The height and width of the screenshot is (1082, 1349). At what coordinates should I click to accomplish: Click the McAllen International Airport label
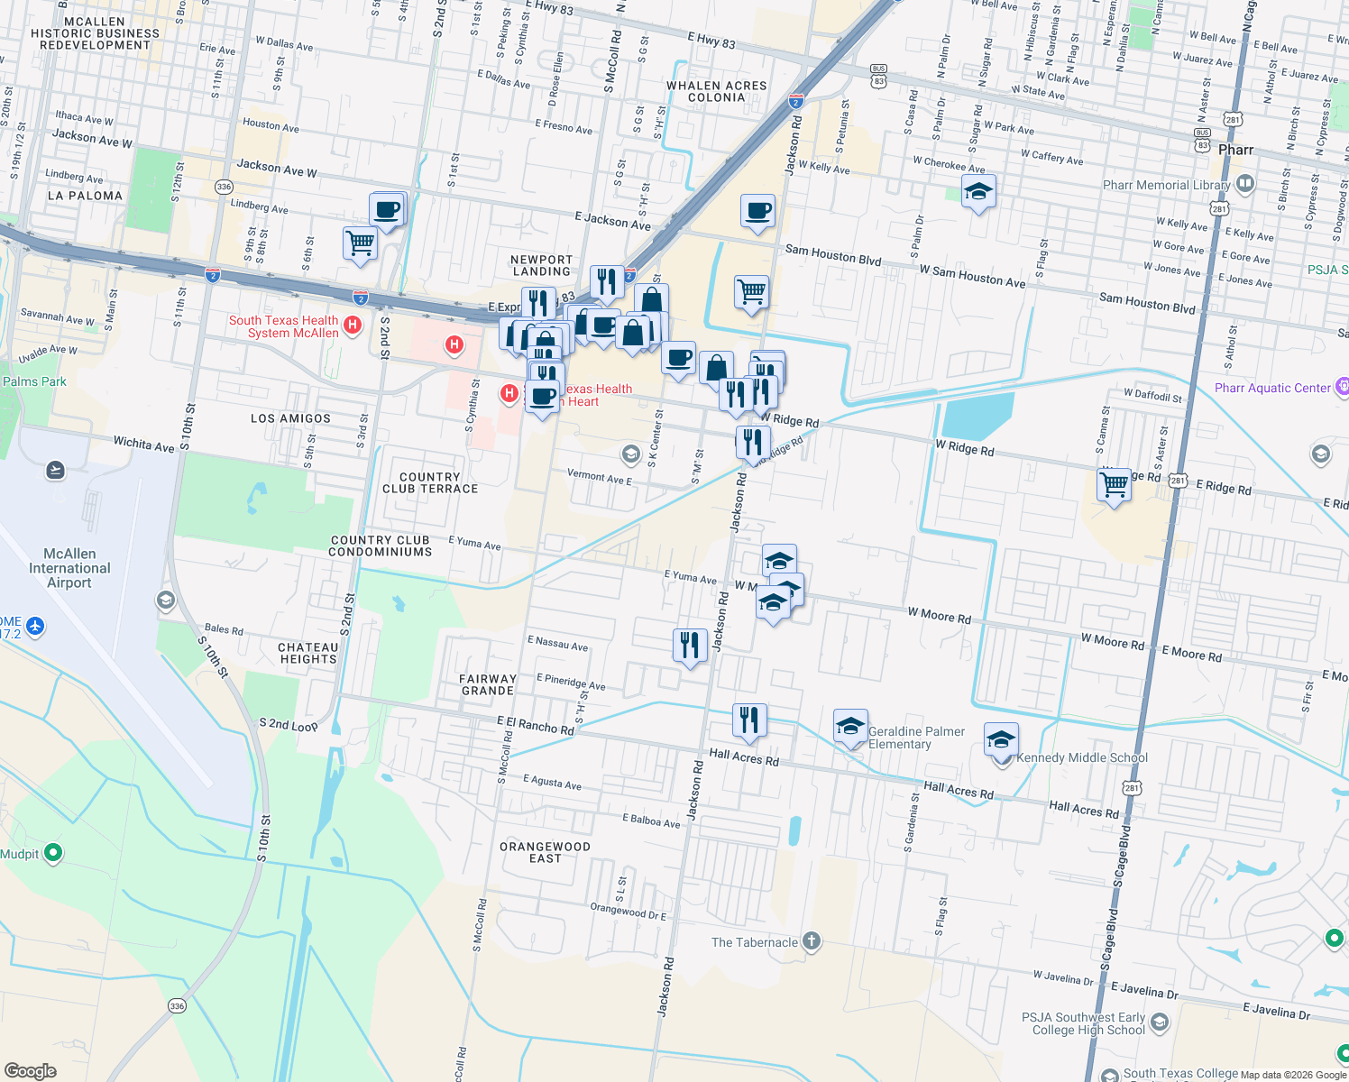tap(69, 568)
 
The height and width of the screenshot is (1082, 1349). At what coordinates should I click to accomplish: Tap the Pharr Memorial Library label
tap(1166, 185)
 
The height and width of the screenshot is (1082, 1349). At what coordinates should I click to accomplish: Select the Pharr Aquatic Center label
tap(1271, 388)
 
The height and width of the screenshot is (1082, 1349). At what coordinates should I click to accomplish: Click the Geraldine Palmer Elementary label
tap(915, 738)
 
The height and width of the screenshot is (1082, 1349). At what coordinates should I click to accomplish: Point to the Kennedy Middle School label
tap(1081, 757)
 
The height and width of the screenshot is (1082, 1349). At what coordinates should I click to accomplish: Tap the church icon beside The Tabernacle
tap(812, 941)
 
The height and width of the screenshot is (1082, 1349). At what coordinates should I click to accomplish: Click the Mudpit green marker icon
tap(53, 852)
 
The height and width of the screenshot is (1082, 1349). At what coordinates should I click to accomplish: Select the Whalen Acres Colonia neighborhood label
tap(716, 91)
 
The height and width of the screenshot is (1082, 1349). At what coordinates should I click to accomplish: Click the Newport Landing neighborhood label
tap(541, 265)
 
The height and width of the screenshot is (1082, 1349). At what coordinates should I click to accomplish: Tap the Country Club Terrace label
tap(429, 482)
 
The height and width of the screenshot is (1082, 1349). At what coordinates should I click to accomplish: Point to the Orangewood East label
tap(545, 852)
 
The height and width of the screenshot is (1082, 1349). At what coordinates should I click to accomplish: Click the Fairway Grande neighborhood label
tap(487, 684)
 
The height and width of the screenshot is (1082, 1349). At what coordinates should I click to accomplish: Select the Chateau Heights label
tap(307, 653)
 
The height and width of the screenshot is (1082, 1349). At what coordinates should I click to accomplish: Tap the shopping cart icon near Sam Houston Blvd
tap(751, 292)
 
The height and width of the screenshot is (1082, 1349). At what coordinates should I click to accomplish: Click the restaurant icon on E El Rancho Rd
tap(749, 720)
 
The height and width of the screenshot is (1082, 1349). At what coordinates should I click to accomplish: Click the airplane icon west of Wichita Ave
tap(55, 470)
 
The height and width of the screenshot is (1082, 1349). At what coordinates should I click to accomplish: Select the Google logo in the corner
tap(30, 1070)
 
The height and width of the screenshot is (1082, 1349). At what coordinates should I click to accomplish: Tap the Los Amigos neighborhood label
tap(290, 418)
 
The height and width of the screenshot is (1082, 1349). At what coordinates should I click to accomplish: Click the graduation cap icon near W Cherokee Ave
tap(978, 192)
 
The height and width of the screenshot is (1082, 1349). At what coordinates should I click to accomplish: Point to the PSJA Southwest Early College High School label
tap(1082, 1023)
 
